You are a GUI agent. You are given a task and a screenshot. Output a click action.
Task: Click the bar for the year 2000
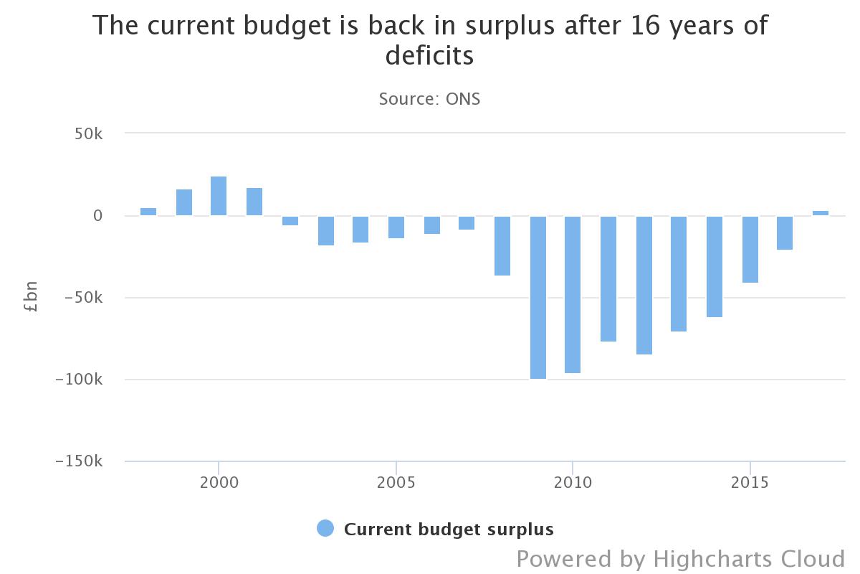click(x=219, y=196)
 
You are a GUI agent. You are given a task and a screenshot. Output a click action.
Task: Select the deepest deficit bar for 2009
click(x=537, y=297)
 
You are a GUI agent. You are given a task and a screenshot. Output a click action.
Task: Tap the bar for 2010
click(x=573, y=294)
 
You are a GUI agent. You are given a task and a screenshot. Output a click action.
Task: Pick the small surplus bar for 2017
click(x=821, y=213)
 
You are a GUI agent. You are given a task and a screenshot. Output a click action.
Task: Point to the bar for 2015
click(x=750, y=249)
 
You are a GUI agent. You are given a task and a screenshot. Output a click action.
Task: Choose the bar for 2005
click(x=396, y=227)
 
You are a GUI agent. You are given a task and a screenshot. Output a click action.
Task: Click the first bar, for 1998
click(x=148, y=212)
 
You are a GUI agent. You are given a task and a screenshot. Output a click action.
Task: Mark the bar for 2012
click(x=644, y=285)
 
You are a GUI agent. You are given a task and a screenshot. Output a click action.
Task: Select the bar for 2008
click(x=502, y=245)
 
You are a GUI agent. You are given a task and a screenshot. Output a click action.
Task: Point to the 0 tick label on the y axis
click(x=97, y=216)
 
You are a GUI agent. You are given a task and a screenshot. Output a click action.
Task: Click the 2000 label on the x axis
click(x=219, y=483)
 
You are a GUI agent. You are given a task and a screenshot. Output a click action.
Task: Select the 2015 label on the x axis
click(x=750, y=483)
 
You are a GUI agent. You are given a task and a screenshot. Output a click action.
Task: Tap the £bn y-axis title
click(x=31, y=297)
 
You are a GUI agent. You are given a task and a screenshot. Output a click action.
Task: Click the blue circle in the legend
click(x=325, y=529)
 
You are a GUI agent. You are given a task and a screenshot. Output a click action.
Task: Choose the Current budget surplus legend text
click(x=449, y=530)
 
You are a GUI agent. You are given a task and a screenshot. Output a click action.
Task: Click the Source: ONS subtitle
click(x=429, y=99)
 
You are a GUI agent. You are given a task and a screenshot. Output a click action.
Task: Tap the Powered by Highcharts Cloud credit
click(x=681, y=558)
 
